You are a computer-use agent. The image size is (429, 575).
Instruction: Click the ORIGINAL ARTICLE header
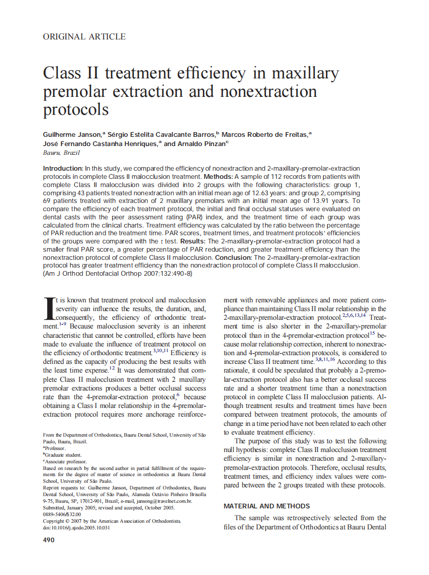(84, 37)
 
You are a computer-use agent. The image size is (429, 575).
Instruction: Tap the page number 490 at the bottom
(49, 540)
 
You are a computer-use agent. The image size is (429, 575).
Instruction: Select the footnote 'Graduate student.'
(63, 455)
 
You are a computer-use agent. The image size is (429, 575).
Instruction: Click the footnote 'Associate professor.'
(65, 461)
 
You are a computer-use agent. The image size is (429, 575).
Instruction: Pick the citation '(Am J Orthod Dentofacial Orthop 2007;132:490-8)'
(118, 274)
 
